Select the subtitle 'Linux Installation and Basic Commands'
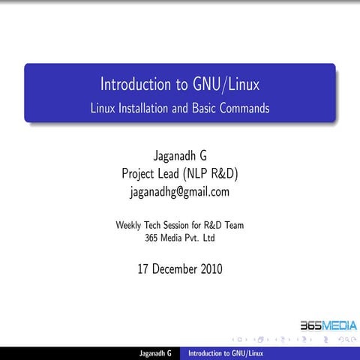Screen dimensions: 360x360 point(180,108)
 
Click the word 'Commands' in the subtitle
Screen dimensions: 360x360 point(244,108)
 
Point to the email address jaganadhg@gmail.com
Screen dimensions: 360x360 point(180,191)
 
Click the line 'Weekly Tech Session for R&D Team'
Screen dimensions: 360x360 point(180,224)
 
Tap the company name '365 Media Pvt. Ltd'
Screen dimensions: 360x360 point(180,238)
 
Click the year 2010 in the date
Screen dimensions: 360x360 point(208,268)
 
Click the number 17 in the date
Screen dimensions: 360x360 point(144,268)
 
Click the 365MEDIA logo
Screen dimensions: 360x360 point(328,326)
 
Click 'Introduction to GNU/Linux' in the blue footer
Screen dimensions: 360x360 point(225,352)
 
